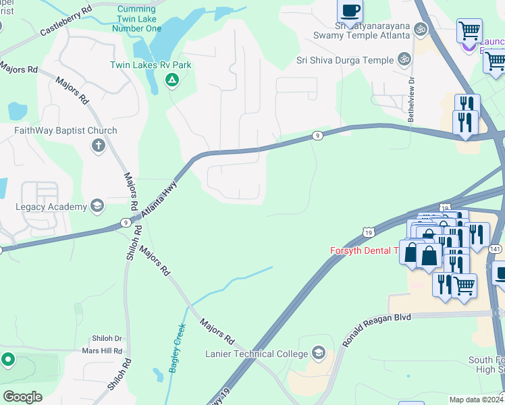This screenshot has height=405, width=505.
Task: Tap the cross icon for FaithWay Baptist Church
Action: point(99,145)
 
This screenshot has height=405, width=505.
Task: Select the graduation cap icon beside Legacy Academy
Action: point(97,206)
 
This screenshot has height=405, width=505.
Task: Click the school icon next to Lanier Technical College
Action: point(318,354)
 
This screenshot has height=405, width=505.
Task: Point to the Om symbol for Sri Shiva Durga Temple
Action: point(405,59)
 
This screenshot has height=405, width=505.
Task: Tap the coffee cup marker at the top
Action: point(350,10)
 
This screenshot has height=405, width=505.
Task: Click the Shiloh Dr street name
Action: point(107,339)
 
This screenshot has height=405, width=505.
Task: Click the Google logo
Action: point(22,396)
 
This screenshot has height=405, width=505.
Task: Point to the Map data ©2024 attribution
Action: point(476,400)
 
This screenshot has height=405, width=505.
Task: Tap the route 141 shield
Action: point(496,249)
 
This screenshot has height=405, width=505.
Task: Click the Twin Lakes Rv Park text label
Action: point(151,65)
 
